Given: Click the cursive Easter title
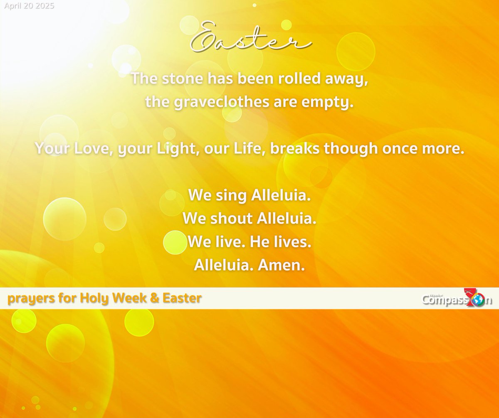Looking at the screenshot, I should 249,39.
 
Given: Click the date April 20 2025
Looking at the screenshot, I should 27,6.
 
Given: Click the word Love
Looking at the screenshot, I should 92,148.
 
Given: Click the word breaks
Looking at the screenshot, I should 295,148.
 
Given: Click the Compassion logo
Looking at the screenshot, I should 457,299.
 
